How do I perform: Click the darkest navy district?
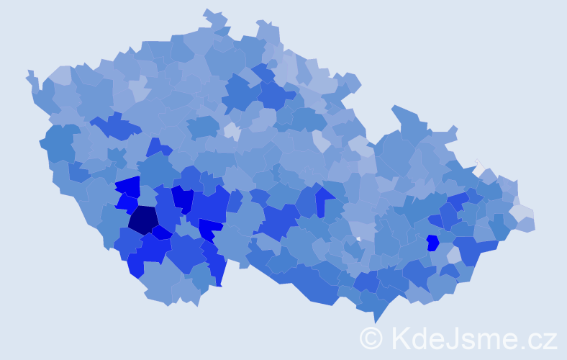(143, 220)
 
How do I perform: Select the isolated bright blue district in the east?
(432, 243)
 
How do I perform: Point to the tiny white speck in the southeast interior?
(358, 238)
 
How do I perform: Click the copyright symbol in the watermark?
(371, 338)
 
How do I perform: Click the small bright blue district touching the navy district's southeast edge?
(162, 233)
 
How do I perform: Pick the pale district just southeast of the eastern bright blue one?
(453, 255)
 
